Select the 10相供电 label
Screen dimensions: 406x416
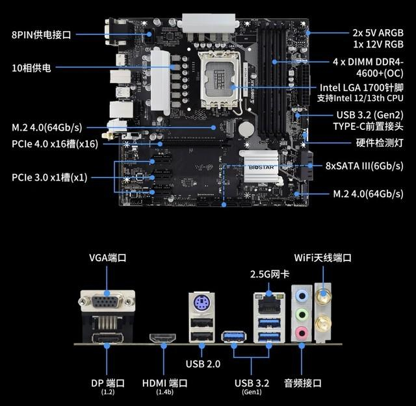pyautogui.click(x=34, y=68)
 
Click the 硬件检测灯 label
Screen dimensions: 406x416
pyautogui.click(x=380, y=142)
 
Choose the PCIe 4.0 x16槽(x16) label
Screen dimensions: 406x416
pyautogui.click(x=54, y=144)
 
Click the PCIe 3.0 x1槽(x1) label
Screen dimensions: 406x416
pyautogui.click(x=49, y=177)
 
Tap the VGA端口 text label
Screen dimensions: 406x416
pyautogui.click(x=108, y=258)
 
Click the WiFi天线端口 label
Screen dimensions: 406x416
pyautogui.click(x=322, y=258)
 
